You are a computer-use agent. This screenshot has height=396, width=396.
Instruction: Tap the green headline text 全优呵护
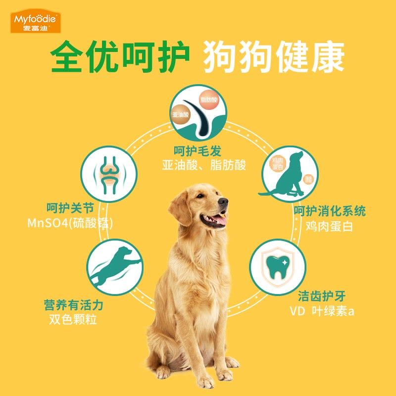tap(121, 58)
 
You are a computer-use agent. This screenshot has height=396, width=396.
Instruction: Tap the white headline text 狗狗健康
tap(274, 58)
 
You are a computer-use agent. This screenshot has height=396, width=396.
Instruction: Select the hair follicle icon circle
tap(198, 112)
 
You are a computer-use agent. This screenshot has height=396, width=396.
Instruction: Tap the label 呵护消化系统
tap(329, 212)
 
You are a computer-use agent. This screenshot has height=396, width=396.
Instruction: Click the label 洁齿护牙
tap(322, 297)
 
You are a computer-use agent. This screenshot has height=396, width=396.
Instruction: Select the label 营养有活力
tap(73, 304)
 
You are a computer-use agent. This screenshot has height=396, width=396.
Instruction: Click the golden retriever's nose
tap(224, 201)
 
